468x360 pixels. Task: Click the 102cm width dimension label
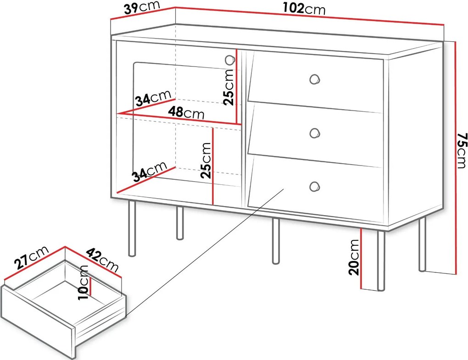coord(304,9)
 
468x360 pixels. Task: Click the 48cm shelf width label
coord(186,113)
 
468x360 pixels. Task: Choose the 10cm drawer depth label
coord(83,282)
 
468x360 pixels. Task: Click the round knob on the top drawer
coord(314,79)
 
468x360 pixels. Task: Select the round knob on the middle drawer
coord(314,133)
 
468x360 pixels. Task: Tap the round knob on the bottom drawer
coord(314,186)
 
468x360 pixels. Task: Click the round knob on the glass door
coord(229,60)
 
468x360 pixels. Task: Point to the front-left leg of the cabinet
coord(132,228)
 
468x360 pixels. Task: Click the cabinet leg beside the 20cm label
coord(381,260)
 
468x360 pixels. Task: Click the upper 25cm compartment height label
coord(229,87)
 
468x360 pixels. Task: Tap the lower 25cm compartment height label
coord(206,161)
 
